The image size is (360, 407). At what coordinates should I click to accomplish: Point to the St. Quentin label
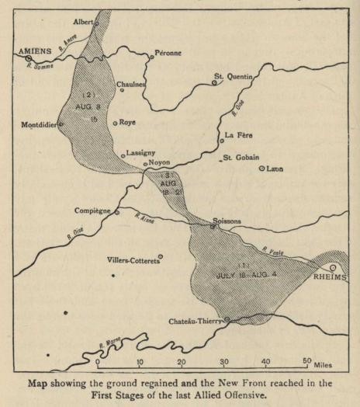(x=235, y=76)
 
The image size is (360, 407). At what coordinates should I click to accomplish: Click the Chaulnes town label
(x=130, y=84)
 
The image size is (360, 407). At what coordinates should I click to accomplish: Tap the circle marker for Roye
(x=116, y=123)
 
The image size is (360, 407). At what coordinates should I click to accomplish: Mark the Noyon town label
(x=159, y=163)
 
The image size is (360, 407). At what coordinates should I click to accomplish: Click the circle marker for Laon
(x=262, y=168)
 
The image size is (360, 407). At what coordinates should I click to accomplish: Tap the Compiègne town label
(x=92, y=210)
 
